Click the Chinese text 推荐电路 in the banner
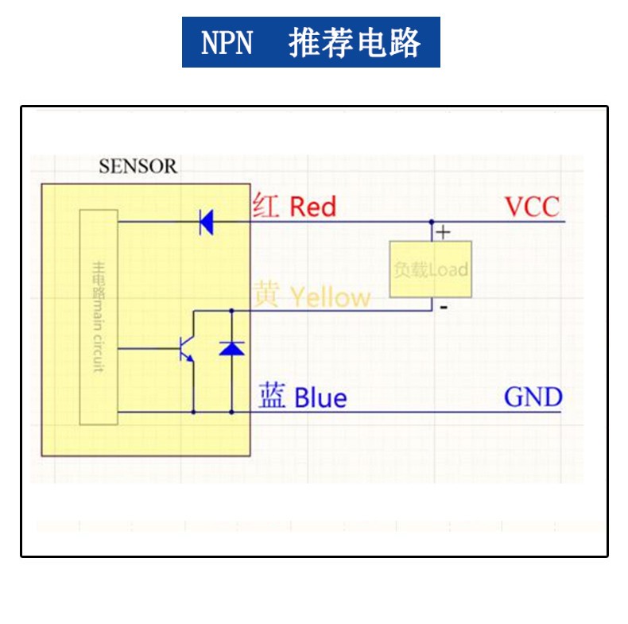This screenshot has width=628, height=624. (354, 42)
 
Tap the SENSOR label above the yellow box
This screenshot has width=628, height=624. (138, 167)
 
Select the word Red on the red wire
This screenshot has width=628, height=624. (312, 207)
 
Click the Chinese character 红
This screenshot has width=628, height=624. (266, 207)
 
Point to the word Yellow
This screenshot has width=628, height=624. (330, 297)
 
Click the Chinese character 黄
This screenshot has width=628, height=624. (266, 296)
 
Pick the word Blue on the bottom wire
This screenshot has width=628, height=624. (320, 397)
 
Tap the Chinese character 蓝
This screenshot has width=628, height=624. (272, 396)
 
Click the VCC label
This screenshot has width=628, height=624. (533, 207)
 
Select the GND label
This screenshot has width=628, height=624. (533, 397)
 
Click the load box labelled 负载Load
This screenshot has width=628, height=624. (431, 269)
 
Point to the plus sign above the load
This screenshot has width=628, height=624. (444, 232)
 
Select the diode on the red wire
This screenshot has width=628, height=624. (206, 222)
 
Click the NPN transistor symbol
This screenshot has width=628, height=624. (188, 348)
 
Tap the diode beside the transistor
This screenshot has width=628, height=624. (231, 347)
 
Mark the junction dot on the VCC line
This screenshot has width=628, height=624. (432, 222)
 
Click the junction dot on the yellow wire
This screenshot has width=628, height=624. (231, 310)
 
